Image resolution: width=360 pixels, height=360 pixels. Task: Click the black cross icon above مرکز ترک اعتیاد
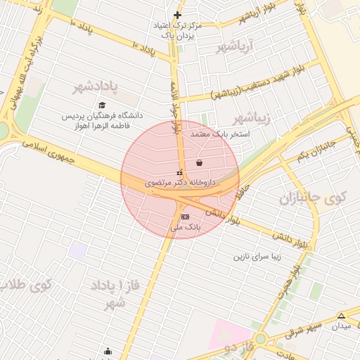(x=177, y=15)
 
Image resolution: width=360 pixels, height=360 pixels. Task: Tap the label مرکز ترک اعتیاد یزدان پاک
(x=177, y=29)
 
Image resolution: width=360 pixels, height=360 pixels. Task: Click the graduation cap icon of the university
(x=102, y=105)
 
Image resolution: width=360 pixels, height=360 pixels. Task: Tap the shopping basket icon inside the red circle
(x=200, y=162)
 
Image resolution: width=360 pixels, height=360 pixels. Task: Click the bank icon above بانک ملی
(x=185, y=217)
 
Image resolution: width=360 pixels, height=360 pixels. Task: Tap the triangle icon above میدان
(x=342, y=316)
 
